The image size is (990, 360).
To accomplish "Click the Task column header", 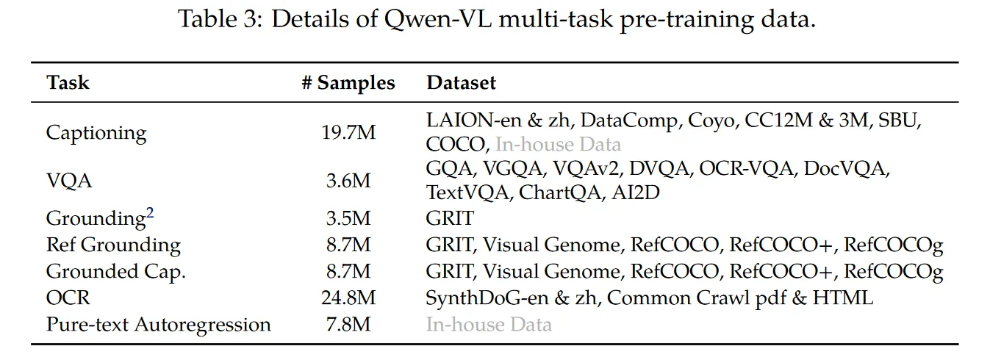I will [x=68, y=83].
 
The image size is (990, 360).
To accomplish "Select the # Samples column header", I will [x=348, y=83].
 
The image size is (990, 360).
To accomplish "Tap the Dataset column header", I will [x=461, y=83].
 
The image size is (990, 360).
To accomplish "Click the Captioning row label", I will [x=96, y=133].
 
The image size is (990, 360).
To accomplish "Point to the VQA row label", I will [x=69, y=181].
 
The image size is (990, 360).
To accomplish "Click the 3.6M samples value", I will [x=348, y=181].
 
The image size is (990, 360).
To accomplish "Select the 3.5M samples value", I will [x=348, y=219].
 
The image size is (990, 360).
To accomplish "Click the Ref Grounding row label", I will [x=113, y=245].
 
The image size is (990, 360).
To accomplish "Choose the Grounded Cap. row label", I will [x=116, y=272].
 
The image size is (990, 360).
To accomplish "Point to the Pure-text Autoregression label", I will [x=158, y=325].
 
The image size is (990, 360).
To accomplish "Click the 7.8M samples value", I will [x=348, y=325].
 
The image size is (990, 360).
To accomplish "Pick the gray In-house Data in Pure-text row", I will [x=489, y=325].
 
